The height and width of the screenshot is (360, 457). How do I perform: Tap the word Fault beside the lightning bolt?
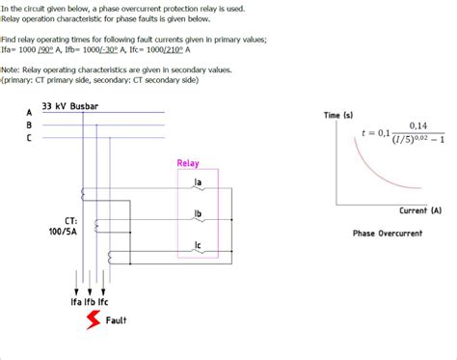click(117, 320)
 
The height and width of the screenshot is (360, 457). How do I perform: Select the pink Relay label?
click(188, 163)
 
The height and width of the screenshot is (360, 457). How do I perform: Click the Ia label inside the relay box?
click(197, 182)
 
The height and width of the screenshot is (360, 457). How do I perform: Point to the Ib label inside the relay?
click(197, 213)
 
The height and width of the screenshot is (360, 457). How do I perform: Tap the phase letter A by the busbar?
click(29, 112)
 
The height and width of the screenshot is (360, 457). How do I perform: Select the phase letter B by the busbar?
click(29, 125)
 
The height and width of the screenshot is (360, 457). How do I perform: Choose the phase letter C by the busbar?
click(29, 138)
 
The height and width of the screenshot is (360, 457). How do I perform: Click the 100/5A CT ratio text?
click(64, 232)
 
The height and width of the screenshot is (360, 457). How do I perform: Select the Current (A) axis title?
click(419, 209)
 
